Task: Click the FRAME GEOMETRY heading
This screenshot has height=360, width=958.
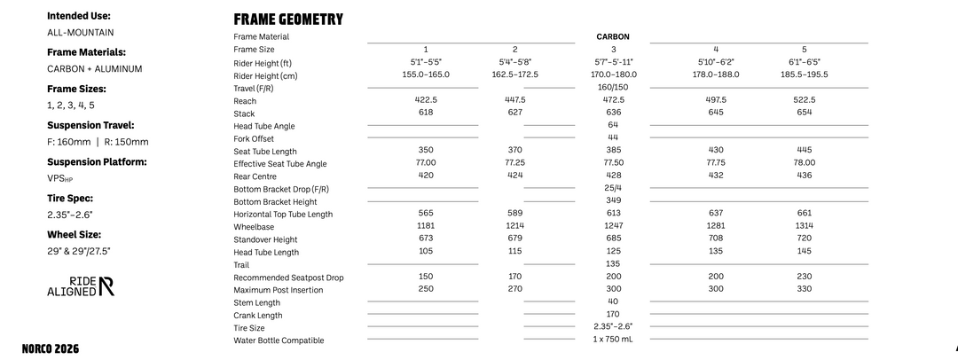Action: point(287,20)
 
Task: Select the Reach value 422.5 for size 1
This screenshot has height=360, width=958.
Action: point(426,100)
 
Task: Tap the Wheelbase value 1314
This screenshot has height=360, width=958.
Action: point(804,227)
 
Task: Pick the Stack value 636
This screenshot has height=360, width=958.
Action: point(613,113)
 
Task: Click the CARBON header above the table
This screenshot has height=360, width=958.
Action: point(613,36)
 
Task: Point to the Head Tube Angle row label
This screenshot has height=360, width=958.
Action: point(264,126)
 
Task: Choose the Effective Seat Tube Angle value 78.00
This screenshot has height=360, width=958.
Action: point(804,163)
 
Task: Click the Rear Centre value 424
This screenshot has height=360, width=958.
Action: point(514,176)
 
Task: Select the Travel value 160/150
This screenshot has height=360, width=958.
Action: point(613,87)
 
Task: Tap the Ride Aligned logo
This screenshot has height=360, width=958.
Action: point(80,286)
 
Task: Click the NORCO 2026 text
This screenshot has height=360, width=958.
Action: point(50,348)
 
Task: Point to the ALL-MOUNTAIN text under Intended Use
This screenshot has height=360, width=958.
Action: point(80,33)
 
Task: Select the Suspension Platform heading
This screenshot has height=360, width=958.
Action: point(97,162)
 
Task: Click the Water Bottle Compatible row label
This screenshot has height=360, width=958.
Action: point(279,340)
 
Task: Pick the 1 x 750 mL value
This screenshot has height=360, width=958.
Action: point(613,340)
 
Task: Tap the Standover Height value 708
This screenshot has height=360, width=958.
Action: point(716,239)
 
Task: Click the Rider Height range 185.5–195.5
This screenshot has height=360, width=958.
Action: point(804,74)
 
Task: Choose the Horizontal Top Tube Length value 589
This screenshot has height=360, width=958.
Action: point(514,214)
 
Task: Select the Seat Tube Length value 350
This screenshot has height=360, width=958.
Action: point(426,151)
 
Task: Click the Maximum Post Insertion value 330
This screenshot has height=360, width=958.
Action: point(804,289)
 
